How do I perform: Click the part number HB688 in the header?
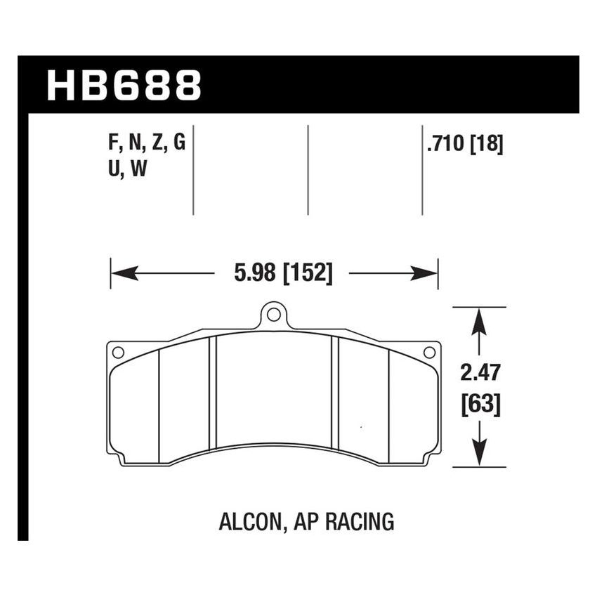(x=124, y=85)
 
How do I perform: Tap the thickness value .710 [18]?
(x=464, y=144)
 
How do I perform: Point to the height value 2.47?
(x=480, y=372)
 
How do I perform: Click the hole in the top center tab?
(x=275, y=314)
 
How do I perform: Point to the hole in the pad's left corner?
(x=118, y=352)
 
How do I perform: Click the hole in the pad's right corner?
(x=430, y=352)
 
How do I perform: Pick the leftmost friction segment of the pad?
(x=135, y=407)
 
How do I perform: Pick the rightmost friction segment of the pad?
(x=413, y=407)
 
